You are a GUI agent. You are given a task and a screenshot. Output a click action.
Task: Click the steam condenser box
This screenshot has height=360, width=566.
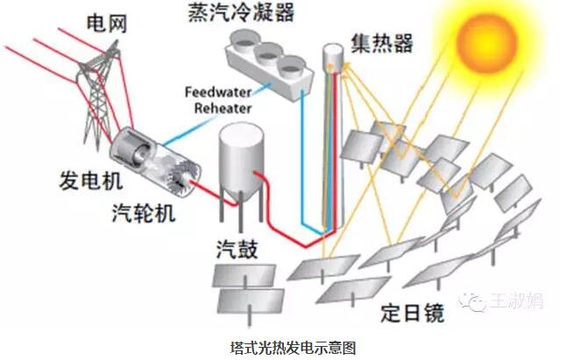pos(265,58)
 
